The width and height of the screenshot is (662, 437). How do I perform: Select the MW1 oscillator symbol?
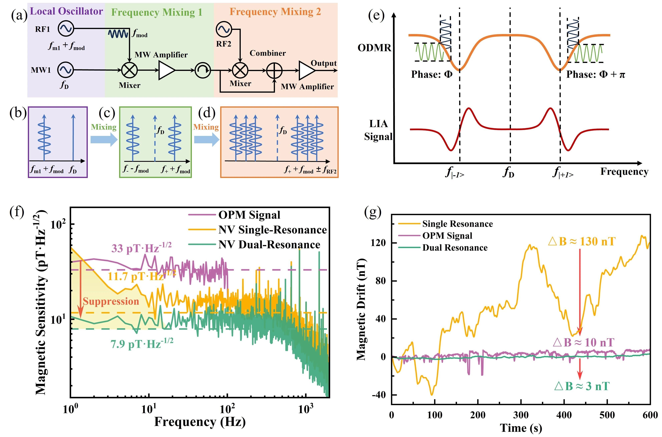click(66, 70)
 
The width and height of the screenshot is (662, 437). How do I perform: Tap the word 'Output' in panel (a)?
click(324, 63)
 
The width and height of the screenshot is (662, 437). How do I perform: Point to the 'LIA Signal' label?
click(378, 130)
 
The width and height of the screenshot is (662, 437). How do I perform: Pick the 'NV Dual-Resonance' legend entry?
click(269, 245)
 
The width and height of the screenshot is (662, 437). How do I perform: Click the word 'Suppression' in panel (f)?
click(111, 301)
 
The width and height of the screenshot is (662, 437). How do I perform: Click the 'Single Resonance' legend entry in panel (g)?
click(457, 224)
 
